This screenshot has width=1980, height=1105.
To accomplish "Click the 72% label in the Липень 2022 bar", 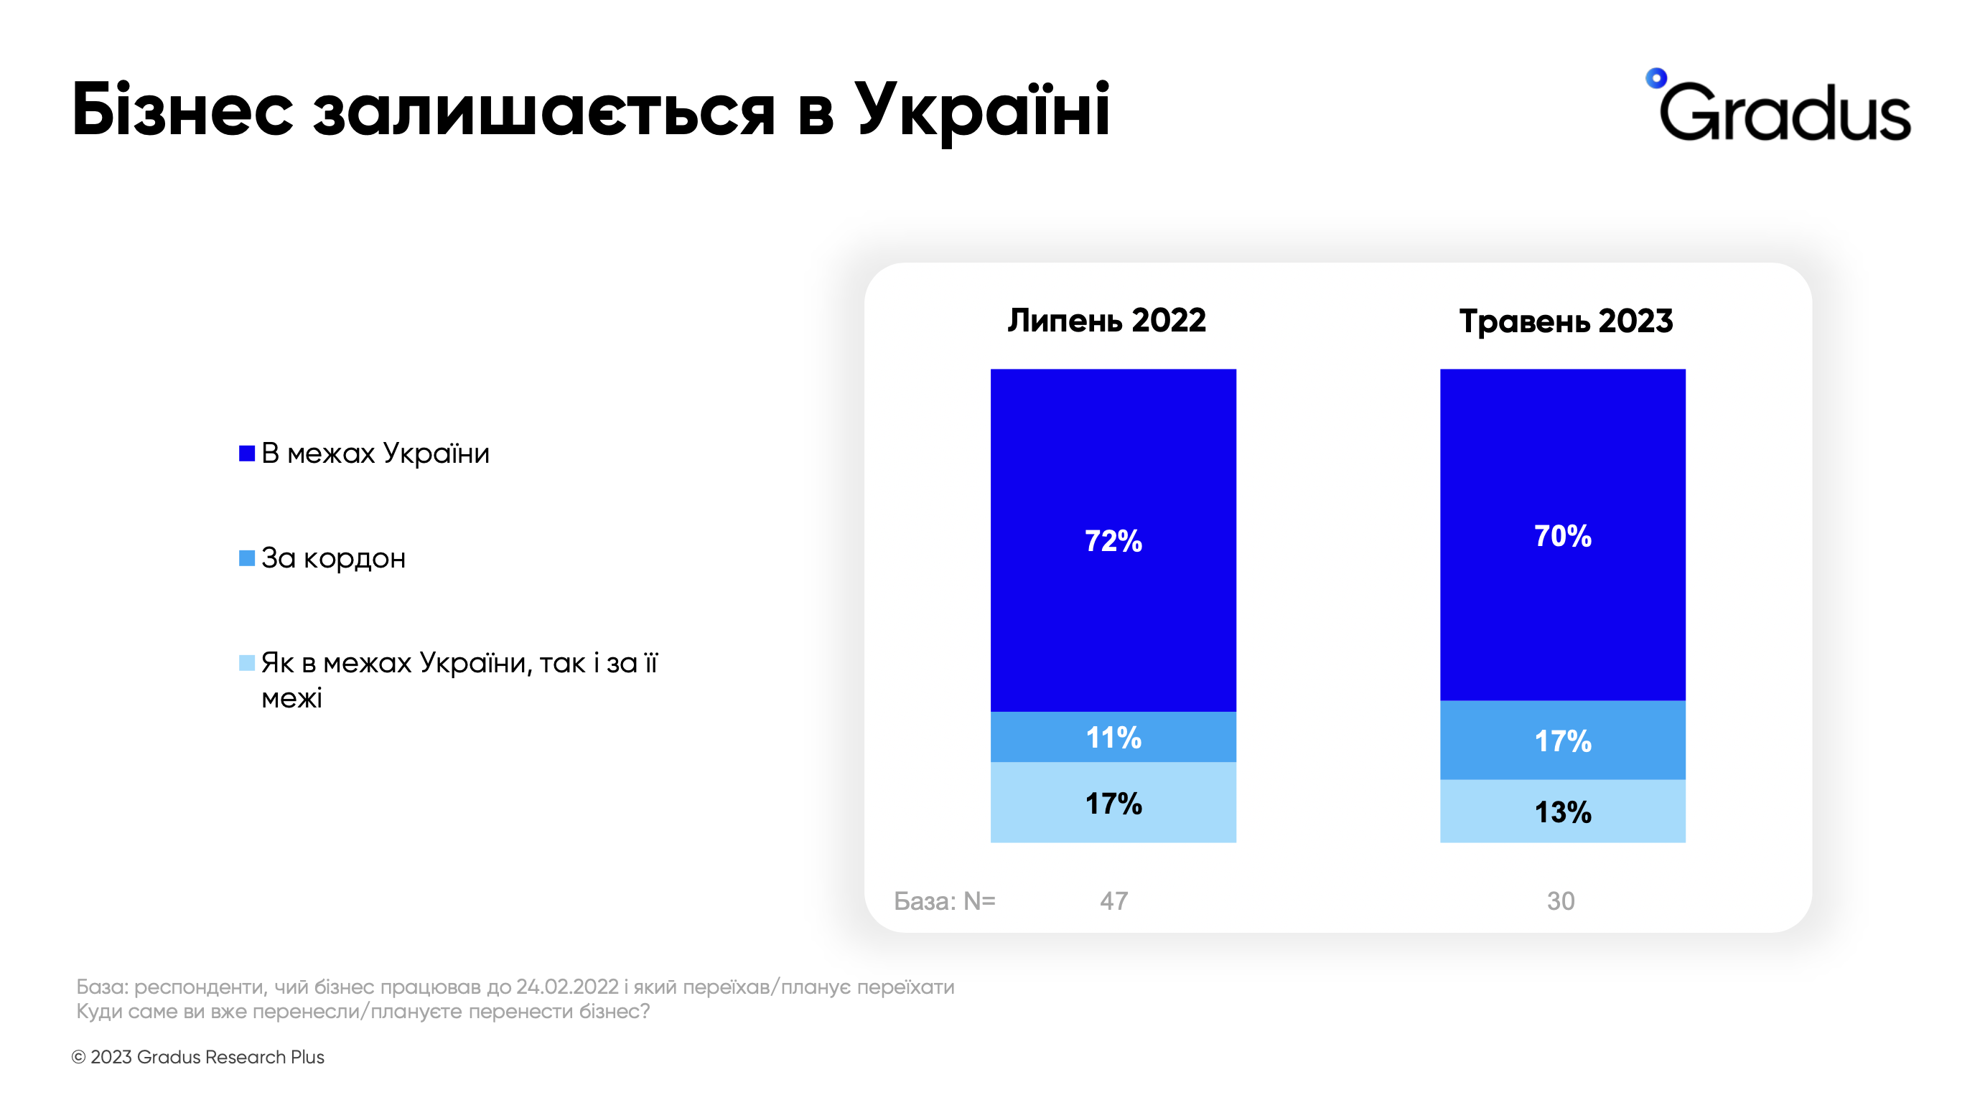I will tap(1112, 541).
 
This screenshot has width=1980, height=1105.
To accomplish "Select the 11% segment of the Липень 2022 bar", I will tap(1112, 738).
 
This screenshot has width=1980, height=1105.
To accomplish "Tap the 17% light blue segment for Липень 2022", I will tap(1112, 804).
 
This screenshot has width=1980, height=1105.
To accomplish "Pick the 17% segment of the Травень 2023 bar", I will tap(1562, 740).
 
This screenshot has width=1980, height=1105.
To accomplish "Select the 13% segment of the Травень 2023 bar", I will tap(1562, 812).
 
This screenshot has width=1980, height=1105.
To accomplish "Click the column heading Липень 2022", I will tap(1106, 321).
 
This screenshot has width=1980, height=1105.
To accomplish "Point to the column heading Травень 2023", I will tap(1565, 321).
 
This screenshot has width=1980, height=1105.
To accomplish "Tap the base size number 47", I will tap(1113, 901).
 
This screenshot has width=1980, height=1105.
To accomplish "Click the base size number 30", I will tap(1560, 901).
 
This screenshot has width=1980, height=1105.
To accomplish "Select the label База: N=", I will tap(944, 901).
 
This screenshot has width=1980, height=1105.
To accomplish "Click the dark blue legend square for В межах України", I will tap(247, 453).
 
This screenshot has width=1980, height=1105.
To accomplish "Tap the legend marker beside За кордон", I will tap(247, 558).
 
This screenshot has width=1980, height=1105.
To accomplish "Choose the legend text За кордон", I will tap(333, 558).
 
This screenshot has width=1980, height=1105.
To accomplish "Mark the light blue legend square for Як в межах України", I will tap(247, 662).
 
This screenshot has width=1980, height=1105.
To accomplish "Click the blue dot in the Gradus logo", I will tap(1656, 77).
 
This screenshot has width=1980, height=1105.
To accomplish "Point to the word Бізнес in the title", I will tap(183, 110).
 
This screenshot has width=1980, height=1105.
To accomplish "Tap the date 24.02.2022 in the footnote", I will tap(567, 987).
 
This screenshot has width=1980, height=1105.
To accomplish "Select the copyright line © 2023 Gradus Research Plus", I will tap(197, 1058).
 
